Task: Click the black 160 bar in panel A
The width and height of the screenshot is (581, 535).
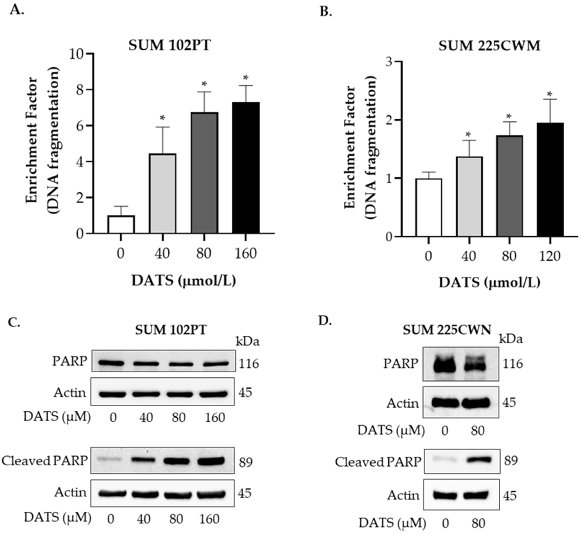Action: pyautogui.click(x=246, y=168)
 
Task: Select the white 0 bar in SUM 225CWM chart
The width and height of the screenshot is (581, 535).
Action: pyautogui.click(x=429, y=208)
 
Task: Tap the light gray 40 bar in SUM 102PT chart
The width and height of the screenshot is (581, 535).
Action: pyautogui.click(x=163, y=193)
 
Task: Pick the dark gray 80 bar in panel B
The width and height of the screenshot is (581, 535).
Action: pyautogui.click(x=510, y=186)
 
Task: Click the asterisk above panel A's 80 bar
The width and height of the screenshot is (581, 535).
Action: pyautogui.click(x=204, y=84)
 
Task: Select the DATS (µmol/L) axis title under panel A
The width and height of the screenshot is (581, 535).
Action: pyautogui.click(x=184, y=281)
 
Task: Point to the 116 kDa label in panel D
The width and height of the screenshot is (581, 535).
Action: pyautogui.click(x=513, y=364)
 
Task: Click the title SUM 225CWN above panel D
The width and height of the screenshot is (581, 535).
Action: pyautogui.click(x=447, y=330)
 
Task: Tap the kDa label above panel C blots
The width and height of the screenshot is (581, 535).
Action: pyautogui.click(x=248, y=342)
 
